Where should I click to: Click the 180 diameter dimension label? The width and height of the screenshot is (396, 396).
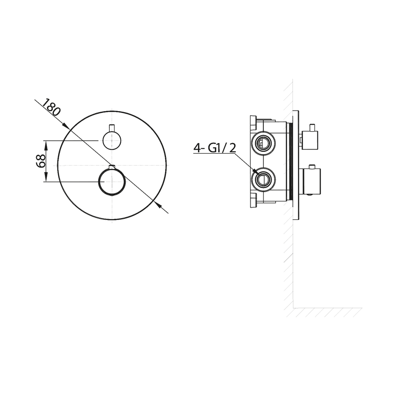(x=51, y=107)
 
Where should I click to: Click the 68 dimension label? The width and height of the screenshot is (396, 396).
(x=41, y=161)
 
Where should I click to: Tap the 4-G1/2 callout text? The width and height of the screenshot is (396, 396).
(x=215, y=148)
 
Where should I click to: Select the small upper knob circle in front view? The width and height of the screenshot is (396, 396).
(x=112, y=140)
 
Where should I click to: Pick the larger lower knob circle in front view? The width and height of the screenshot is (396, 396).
(x=111, y=182)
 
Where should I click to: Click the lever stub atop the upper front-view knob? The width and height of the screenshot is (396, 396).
(x=112, y=128)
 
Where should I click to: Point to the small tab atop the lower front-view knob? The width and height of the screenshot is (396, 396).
(x=112, y=167)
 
